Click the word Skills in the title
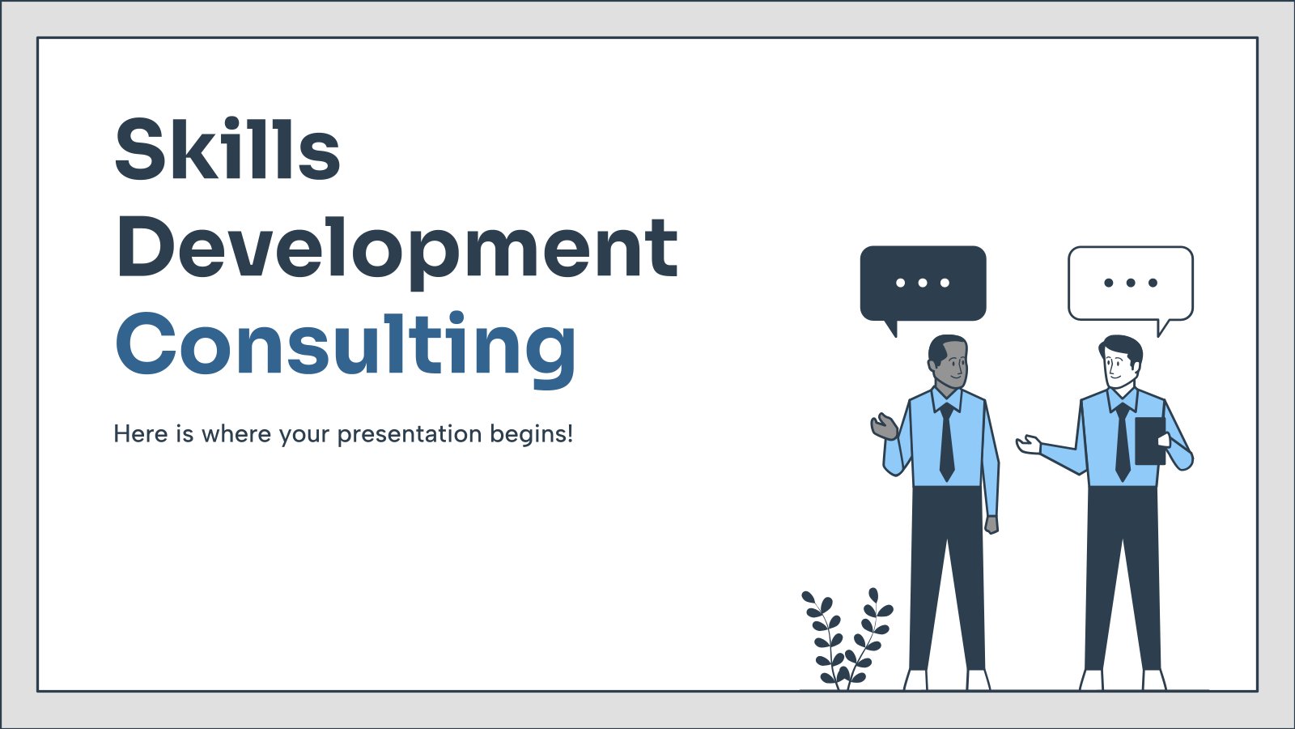[x=227, y=149]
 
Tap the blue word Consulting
[x=346, y=349]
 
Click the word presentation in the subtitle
[x=410, y=434]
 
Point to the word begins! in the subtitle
[x=531, y=434]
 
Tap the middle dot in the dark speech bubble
[x=923, y=283]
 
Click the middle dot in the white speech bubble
[x=1131, y=283]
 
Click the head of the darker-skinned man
[x=948, y=363]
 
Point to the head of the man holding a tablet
[x=1121, y=363]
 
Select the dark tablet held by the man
[x=1150, y=441]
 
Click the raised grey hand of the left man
[x=884, y=427]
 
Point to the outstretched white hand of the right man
[x=1029, y=445]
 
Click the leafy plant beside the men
[x=847, y=639]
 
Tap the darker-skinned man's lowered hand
[x=991, y=524]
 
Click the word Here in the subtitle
[x=141, y=434]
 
